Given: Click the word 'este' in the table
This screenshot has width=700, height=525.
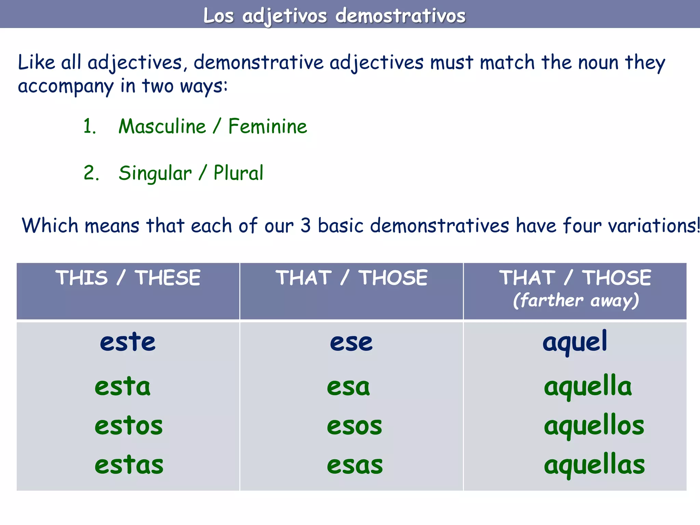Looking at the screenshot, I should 127,342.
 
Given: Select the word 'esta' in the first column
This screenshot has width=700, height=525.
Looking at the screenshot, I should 122,387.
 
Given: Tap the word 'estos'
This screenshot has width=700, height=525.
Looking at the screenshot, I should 129,426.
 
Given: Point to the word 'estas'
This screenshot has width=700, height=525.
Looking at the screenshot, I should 129,465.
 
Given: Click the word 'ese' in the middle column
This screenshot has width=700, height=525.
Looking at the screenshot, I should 351,342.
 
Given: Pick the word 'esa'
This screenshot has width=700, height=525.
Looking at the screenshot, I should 348,387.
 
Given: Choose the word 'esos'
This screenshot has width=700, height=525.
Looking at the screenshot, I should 354,426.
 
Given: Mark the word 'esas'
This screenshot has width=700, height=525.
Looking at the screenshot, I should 354,465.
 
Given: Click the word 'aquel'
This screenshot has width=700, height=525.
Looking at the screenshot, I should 575,342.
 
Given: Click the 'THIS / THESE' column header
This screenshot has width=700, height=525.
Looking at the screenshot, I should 128,278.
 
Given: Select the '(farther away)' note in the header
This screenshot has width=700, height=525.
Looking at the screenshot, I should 576,301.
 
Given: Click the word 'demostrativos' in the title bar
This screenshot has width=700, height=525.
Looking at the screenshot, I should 400,16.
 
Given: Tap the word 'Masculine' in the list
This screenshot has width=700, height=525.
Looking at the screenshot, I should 162,126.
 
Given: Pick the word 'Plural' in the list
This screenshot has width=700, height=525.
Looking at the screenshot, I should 238,173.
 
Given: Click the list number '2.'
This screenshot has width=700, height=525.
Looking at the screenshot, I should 91,173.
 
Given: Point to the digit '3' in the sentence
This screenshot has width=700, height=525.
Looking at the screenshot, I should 305,226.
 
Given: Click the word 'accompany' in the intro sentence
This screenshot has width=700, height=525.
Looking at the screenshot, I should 65,86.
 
